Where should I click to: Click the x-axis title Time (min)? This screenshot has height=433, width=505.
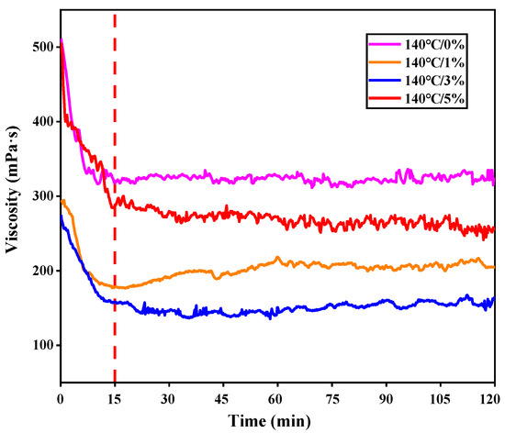tap(277, 422)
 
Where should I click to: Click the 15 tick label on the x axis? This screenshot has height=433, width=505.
tap(114, 399)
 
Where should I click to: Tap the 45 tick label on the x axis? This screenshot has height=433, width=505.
tap(222, 399)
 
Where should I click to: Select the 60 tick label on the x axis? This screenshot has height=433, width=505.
tap(276, 399)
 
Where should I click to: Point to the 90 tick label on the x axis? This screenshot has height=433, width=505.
tap(385, 399)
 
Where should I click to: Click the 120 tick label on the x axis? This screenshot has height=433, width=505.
tap(492, 399)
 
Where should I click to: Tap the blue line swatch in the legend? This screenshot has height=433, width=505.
tap(384, 80)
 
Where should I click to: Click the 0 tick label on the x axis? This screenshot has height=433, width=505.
tap(61, 399)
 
